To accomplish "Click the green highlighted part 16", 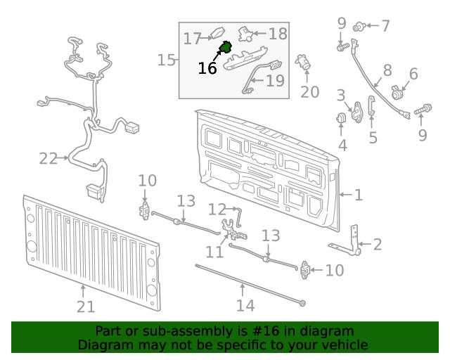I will [226, 49].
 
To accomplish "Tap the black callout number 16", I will [207, 68].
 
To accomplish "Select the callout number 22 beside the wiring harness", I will [48, 159].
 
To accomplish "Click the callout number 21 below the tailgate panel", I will [85, 306].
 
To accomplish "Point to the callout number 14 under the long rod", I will [245, 305].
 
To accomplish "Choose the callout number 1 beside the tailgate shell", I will [358, 194].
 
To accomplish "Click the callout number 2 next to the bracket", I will [378, 245].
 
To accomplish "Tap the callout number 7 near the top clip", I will [385, 26].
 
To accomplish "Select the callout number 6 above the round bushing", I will [413, 74].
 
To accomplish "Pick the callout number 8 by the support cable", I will [387, 70].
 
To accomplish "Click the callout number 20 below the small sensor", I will [309, 92].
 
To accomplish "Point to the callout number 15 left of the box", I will [166, 60].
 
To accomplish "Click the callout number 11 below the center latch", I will [214, 252].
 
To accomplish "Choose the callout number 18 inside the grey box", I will [278, 33].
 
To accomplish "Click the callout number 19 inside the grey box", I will [275, 81].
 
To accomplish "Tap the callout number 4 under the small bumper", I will [342, 146].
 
